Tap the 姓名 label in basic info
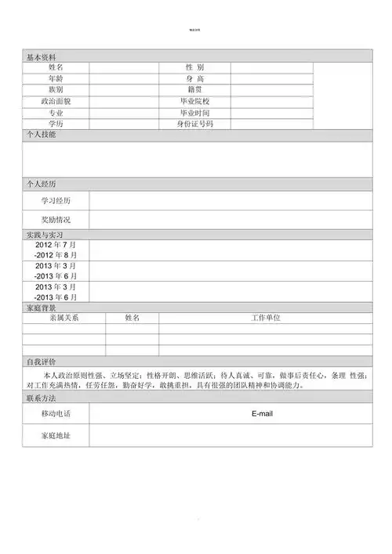(56, 68)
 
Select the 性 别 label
(194, 68)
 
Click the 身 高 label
(194, 79)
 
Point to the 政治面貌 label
(56, 102)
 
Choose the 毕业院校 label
(194, 102)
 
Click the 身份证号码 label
(194, 124)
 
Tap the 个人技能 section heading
(42, 135)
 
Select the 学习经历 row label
(56, 201)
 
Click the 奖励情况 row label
(56, 220)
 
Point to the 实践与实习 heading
(44, 235)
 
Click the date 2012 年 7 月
(56, 245)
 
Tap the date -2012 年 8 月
(56, 256)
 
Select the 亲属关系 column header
(64, 318)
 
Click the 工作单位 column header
(265, 318)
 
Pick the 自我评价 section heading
(42, 362)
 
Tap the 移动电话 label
(56, 413)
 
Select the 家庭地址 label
(56, 434)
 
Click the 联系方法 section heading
(42, 398)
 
